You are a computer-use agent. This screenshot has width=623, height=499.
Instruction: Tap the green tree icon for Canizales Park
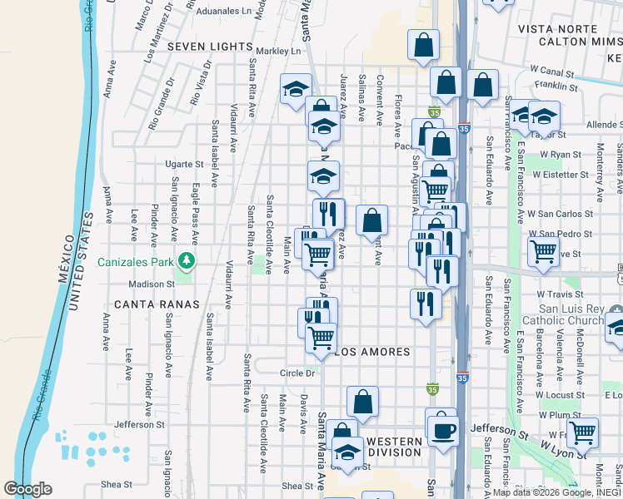coord(188,261)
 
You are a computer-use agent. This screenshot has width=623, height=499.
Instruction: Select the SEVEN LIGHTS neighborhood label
coord(210,47)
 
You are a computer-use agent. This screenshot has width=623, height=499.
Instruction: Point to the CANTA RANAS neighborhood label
coord(157,304)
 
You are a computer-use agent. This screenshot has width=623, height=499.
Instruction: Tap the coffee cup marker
coord(441,430)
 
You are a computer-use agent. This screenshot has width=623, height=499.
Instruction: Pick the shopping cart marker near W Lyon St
coord(582,432)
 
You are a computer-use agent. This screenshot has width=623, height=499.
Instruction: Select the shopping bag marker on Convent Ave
coord(371,220)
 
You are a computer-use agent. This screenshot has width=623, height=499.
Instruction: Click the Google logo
coord(27,489)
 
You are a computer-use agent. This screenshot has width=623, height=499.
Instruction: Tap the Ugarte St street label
coord(183,165)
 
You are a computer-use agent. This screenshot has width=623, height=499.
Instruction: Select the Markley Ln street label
coord(277,52)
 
